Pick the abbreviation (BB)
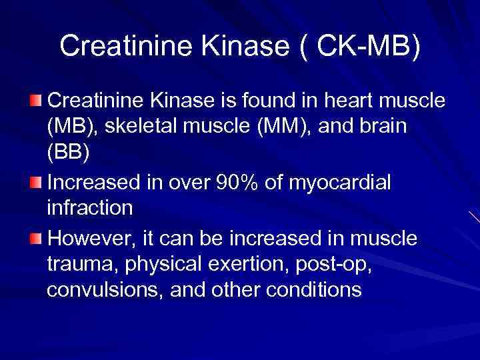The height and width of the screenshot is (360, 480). pyautogui.click(x=68, y=151)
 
